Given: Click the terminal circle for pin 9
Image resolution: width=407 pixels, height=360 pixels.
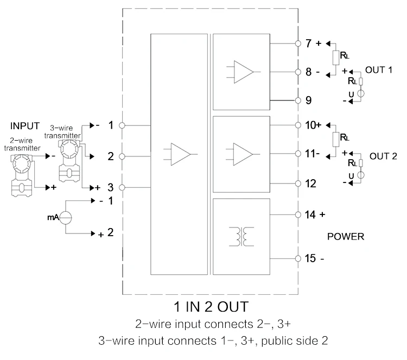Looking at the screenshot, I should (297, 100).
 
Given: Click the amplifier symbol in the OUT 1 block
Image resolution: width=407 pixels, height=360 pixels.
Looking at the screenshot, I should (244, 72).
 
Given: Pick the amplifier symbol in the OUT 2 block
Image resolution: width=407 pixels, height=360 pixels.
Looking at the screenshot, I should (244, 153).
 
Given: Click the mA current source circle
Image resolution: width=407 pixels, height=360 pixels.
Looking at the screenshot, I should (66, 217).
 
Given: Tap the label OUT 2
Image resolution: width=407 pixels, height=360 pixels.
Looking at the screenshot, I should (383, 155).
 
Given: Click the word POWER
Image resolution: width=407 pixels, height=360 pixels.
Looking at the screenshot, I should (346, 237).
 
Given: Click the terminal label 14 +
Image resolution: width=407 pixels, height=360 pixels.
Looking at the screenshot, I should (314, 214).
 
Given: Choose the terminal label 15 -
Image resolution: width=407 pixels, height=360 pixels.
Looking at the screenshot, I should (314, 258).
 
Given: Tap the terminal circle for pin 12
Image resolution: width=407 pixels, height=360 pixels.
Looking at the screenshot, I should (297, 183).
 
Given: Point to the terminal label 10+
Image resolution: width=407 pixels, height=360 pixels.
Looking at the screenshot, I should (313, 125).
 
